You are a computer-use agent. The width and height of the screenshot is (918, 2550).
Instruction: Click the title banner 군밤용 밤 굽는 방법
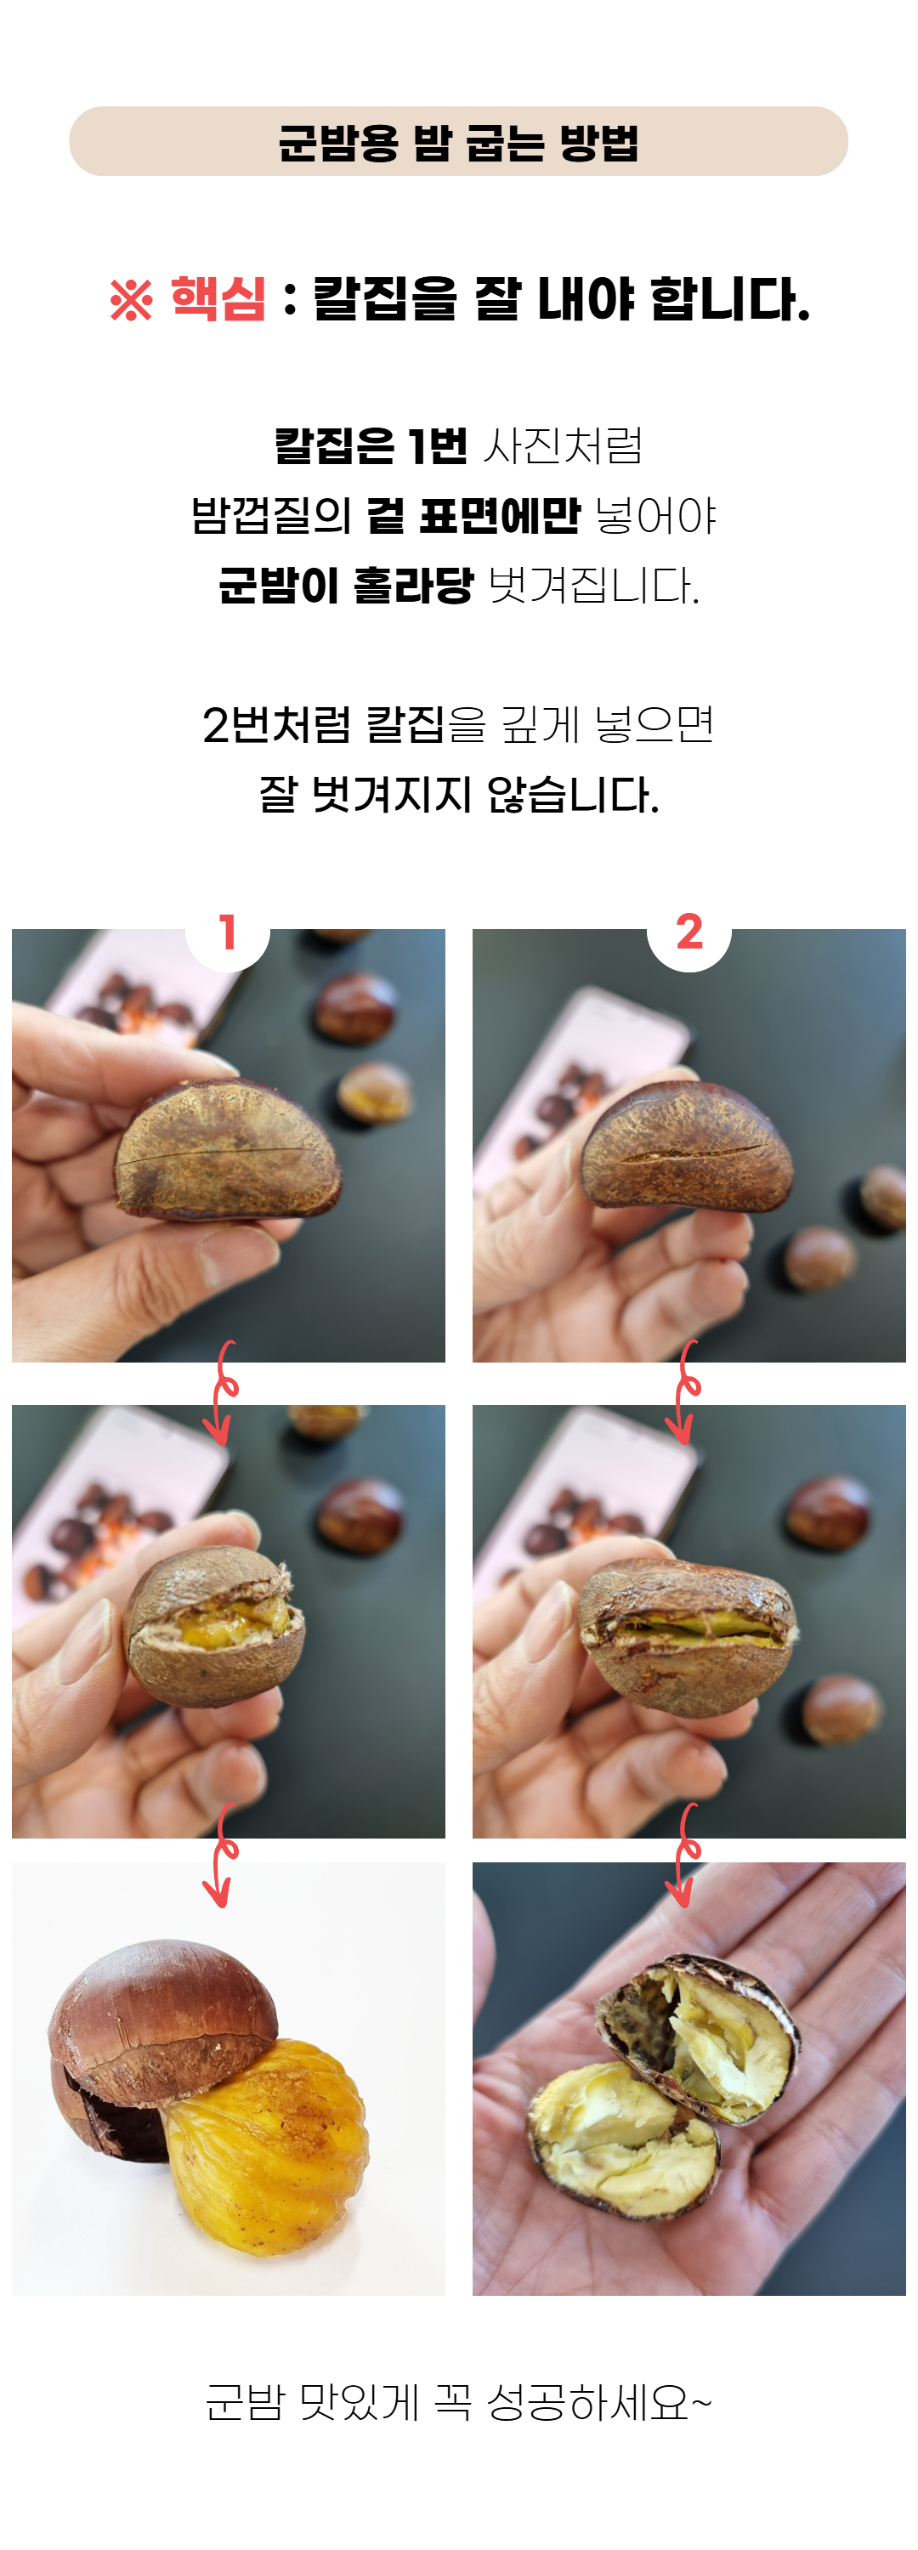tap(458, 142)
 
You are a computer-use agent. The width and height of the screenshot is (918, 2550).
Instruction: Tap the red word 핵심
tap(218, 298)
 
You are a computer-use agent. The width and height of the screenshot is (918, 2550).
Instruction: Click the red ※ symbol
tap(131, 300)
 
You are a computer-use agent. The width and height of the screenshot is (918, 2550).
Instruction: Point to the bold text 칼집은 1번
tap(371, 445)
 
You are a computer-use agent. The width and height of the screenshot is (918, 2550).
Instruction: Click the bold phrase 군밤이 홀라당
tap(346, 584)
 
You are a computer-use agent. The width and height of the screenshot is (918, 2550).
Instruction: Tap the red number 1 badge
tap(228, 932)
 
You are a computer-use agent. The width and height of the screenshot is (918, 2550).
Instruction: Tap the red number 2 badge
tap(689, 932)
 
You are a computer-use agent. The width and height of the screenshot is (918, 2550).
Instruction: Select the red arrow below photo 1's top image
tap(221, 1391)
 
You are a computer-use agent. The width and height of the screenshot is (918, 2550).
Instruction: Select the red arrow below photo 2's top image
tap(683, 1391)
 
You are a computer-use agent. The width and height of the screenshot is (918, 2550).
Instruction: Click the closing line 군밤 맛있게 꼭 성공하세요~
tap(458, 2404)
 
